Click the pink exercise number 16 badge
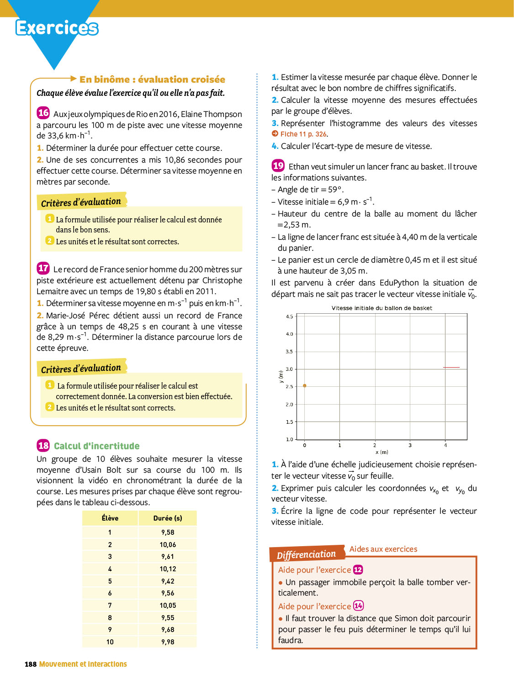click(x=43, y=113)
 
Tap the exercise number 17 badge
click(x=43, y=268)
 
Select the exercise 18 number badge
click(x=43, y=445)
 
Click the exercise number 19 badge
click(x=278, y=165)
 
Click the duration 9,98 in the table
click(x=168, y=642)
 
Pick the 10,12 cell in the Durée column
click(x=168, y=569)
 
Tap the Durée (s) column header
click(x=168, y=518)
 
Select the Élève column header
click(x=110, y=518)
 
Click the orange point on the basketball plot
click(x=305, y=386)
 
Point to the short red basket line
click(x=451, y=368)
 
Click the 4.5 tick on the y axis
click(x=289, y=316)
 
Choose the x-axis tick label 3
click(x=410, y=445)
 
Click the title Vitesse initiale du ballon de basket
click(x=382, y=308)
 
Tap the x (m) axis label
click(x=382, y=452)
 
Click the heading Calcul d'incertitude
click(x=97, y=446)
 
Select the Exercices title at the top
click(x=57, y=28)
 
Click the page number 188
click(x=31, y=664)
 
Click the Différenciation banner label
click(x=306, y=554)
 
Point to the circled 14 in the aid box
click(x=358, y=606)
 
